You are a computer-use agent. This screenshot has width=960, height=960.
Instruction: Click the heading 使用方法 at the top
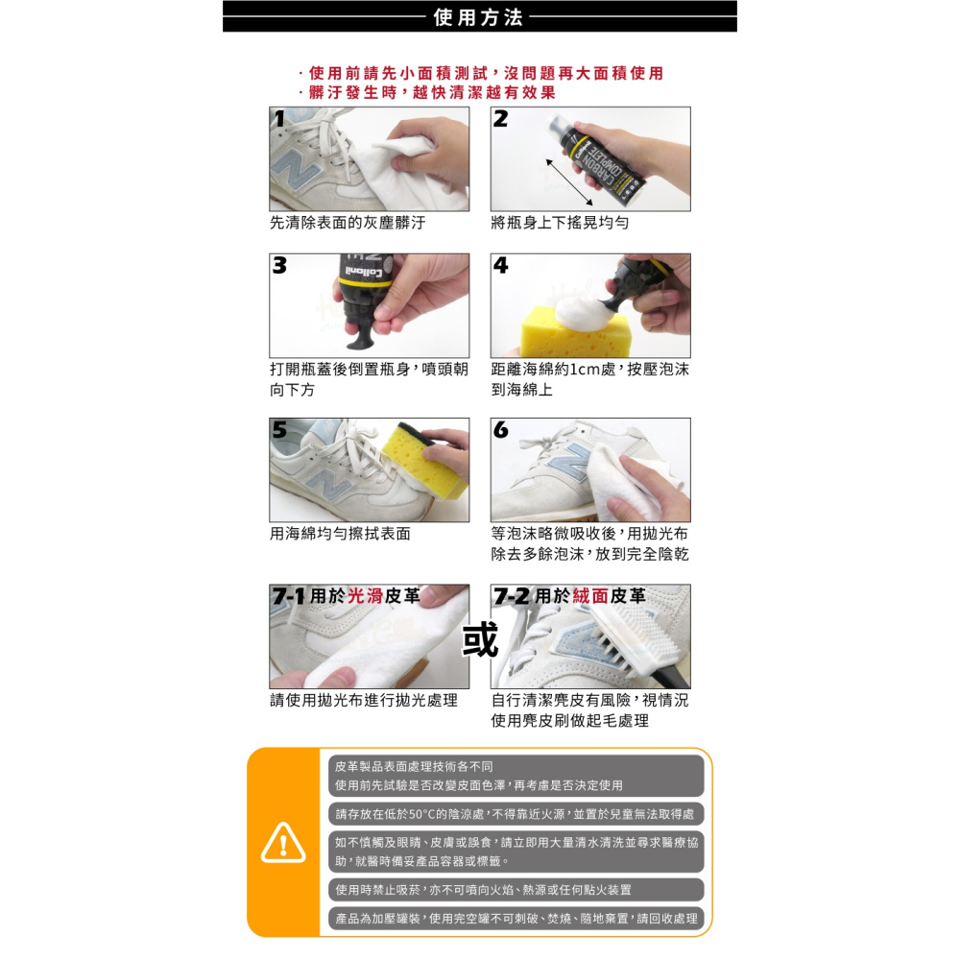478,16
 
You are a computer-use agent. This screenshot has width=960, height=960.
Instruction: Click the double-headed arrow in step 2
582,182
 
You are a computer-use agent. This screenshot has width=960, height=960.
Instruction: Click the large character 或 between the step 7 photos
480,638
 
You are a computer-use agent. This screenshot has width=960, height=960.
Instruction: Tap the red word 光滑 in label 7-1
365,596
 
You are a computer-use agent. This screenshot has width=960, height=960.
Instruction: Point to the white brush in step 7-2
638,639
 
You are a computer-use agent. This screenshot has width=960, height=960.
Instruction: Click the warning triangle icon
282,843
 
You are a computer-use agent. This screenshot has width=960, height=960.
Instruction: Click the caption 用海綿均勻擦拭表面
340,534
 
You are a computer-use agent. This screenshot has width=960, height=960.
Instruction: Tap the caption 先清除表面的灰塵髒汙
347,223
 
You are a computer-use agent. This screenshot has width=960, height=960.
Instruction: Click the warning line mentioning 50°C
515,814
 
